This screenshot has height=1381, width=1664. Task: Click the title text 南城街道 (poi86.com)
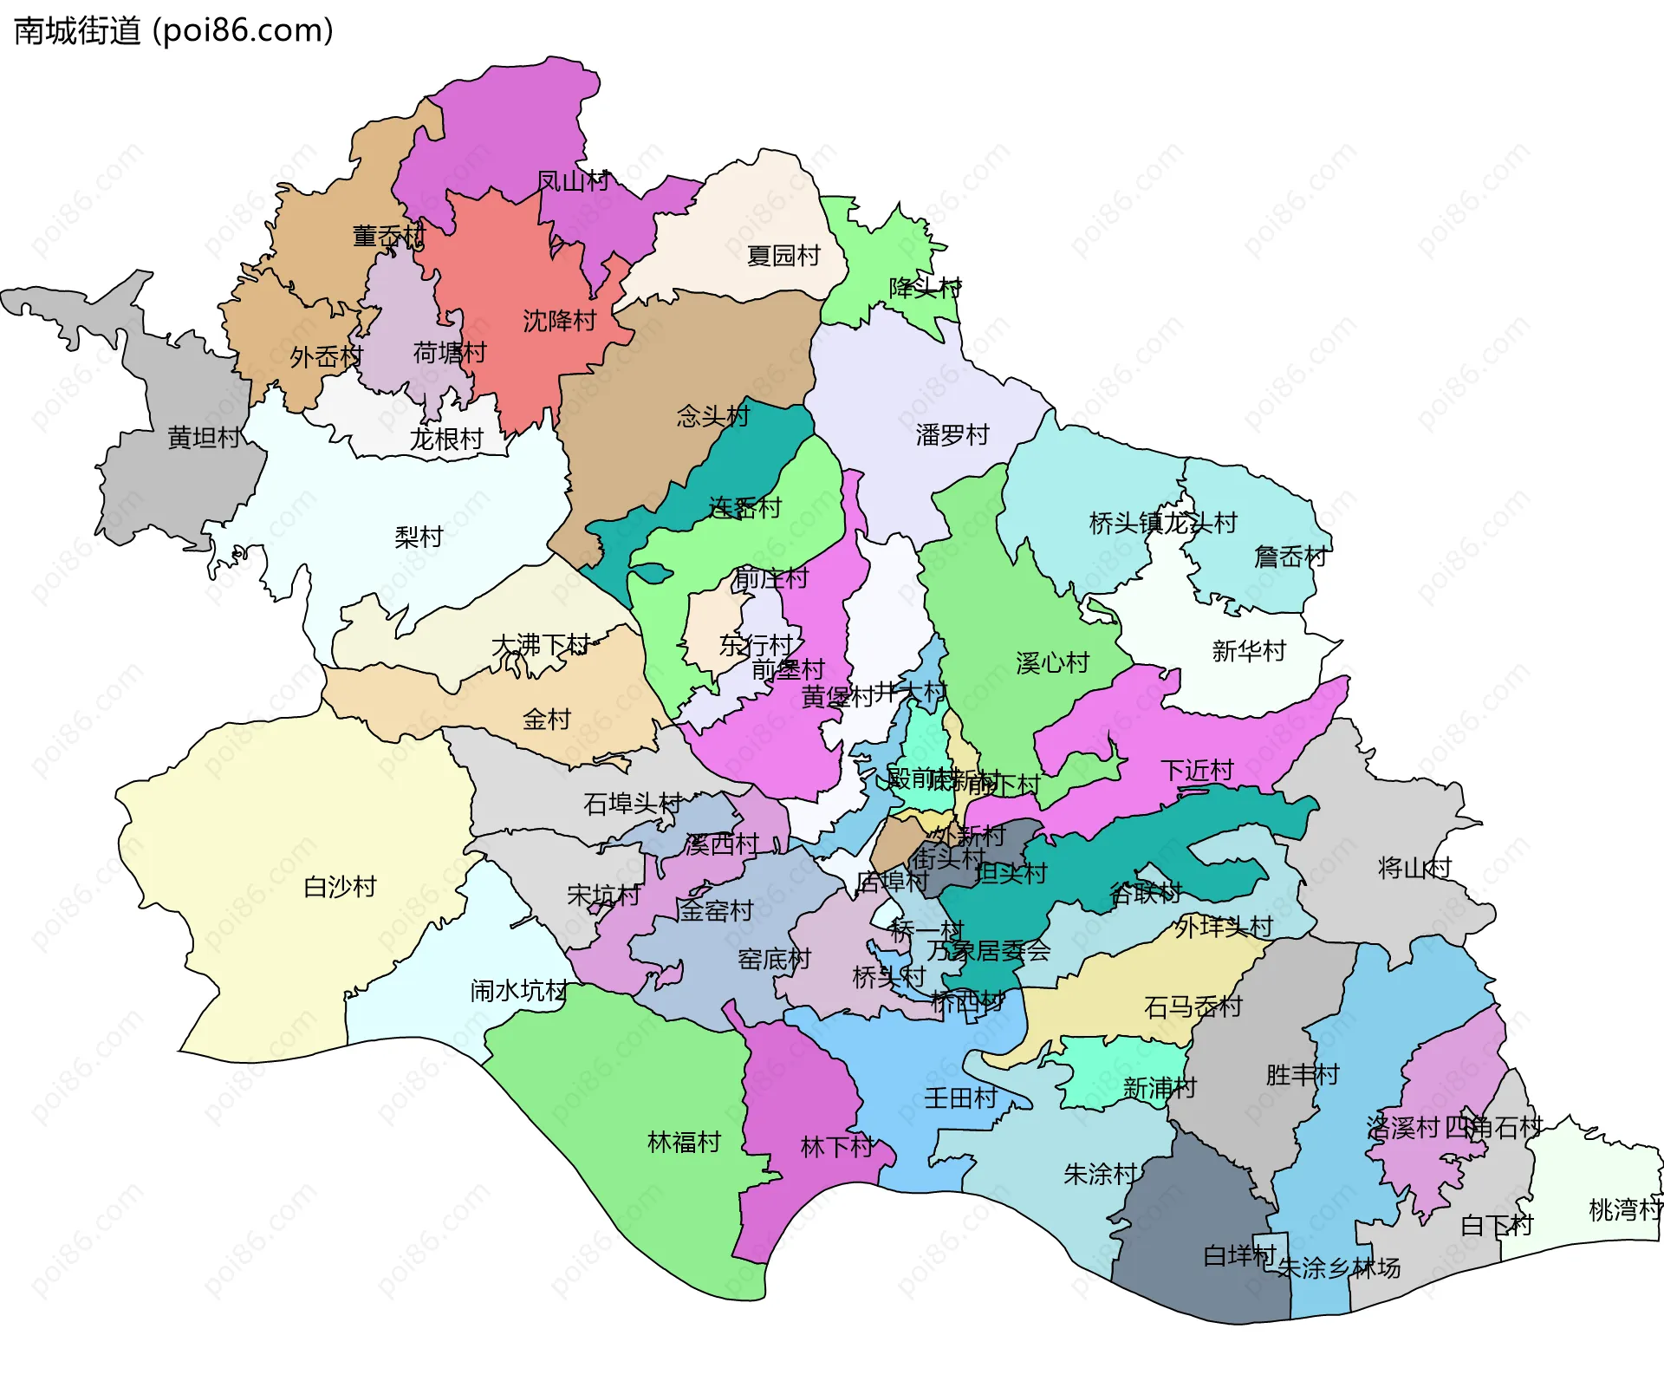pyautogui.click(x=173, y=30)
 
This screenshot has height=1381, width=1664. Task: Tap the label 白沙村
pyautogui.click(x=340, y=887)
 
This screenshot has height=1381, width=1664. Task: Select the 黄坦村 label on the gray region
pyautogui.click(x=204, y=438)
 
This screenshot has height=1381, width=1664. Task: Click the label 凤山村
pyautogui.click(x=573, y=181)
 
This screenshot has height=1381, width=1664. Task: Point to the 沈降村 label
pyautogui.click(x=560, y=321)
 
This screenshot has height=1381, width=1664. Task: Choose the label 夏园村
pyautogui.click(x=783, y=256)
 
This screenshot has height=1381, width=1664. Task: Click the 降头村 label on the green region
pyautogui.click(x=925, y=288)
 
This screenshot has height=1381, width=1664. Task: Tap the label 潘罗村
pyautogui.click(x=952, y=435)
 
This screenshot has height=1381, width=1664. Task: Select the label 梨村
pyautogui.click(x=419, y=537)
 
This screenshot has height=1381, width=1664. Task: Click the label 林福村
pyautogui.click(x=684, y=1143)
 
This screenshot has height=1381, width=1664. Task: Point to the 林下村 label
pyautogui.click(x=836, y=1147)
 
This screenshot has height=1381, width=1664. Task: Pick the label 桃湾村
pyautogui.click(x=1624, y=1209)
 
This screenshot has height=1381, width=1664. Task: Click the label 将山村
pyautogui.click(x=1414, y=868)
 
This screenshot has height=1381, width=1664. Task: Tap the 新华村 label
pyautogui.click(x=1248, y=651)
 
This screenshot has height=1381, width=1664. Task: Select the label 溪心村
pyautogui.click(x=1052, y=663)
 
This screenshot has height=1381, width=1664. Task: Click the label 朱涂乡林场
pyautogui.click(x=1338, y=1268)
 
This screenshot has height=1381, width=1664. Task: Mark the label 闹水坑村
pyautogui.click(x=518, y=991)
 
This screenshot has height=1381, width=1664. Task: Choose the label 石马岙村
pyautogui.click(x=1193, y=1006)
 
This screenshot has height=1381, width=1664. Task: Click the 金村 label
pyautogui.click(x=547, y=720)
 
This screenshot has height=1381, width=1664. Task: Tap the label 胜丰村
pyautogui.click(x=1302, y=1075)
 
